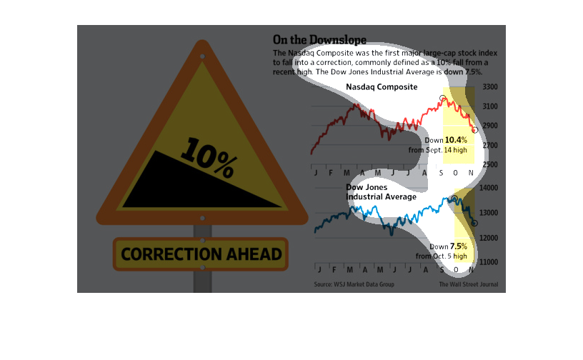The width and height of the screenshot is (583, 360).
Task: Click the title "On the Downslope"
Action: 319,40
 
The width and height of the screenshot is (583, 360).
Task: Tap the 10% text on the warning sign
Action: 209,157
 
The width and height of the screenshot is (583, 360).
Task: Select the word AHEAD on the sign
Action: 254,254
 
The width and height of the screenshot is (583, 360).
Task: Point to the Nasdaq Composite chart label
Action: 382,87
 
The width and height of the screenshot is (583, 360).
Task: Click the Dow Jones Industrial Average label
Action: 381,192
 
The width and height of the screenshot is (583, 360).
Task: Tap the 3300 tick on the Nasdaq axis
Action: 490,87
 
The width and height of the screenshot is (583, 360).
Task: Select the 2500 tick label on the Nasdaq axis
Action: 490,165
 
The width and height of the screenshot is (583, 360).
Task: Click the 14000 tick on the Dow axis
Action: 489,188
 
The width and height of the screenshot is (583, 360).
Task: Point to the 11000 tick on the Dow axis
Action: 489,262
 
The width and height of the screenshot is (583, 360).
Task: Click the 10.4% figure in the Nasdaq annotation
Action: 456,140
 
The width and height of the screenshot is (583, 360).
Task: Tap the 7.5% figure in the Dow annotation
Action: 459,246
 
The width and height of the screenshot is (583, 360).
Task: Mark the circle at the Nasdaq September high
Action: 442,99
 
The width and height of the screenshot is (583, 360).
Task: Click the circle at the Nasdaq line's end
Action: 475,130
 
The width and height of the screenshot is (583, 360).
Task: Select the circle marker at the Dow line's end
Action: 474,223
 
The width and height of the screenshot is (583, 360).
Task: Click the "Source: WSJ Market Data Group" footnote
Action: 354,284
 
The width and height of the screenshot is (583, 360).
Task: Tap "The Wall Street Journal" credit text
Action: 469,284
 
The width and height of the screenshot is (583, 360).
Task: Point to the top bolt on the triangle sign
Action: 202,56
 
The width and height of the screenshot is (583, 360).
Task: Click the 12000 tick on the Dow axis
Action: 489,238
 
